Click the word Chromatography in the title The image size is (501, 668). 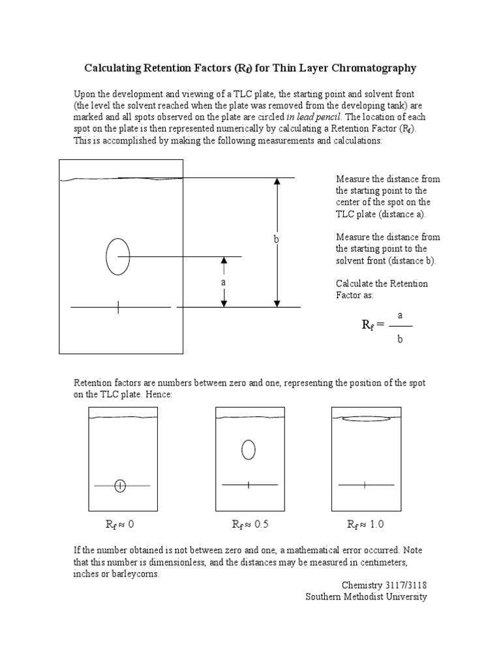(x=378, y=68)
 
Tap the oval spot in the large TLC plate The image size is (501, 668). (x=118, y=256)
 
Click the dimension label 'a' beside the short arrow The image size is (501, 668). (x=223, y=283)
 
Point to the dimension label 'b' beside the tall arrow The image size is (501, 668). (x=276, y=240)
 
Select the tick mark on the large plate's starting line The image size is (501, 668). (x=118, y=307)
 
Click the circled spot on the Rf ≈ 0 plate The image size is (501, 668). (x=120, y=485)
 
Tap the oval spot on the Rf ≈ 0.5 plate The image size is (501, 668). (x=248, y=449)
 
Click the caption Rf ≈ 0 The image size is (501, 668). (x=120, y=524)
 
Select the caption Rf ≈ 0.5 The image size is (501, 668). (x=251, y=524)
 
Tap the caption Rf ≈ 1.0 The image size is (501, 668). (x=366, y=524)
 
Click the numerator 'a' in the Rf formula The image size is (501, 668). (x=401, y=315)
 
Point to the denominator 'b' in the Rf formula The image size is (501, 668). (x=401, y=339)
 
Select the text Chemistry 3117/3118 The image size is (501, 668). (x=384, y=585)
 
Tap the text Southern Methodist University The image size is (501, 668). (x=366, y=597)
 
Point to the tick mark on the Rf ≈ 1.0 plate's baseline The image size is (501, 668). (x=364, y=485)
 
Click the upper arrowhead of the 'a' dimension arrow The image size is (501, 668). (x=224, y=262)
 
